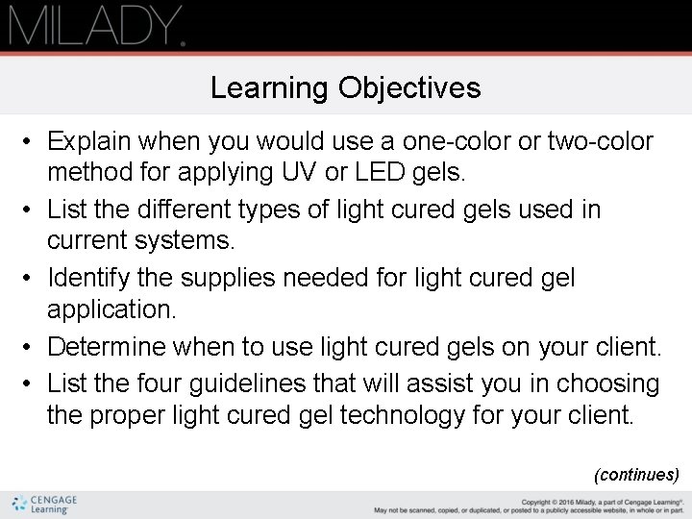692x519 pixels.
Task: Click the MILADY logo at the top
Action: pyautogui.click(x=96, y=26)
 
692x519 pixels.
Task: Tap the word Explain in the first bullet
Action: pyautogui.click(x=87, y=142)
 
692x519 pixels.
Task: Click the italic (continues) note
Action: pyautogui.click(x=637, y=474)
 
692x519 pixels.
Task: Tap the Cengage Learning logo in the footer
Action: pyautogui.click(x=45, y=504)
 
